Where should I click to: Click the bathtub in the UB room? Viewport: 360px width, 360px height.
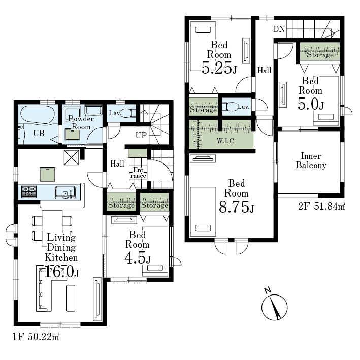[38, 115]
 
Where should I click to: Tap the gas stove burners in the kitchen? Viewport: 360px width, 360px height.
[29, 191]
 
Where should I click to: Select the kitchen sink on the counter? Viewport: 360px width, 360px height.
[66, 192]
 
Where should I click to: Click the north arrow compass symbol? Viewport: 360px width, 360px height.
[274, 307]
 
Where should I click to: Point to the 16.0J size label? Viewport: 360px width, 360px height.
[61, 272]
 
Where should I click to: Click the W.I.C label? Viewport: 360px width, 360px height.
[225, 141]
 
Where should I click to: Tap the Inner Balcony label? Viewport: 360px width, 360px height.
[311, 161]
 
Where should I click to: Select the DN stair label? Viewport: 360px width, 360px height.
[279, 29]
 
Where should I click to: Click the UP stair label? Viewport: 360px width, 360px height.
[141, 135]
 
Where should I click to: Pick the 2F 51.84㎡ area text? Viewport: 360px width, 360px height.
[321, 206]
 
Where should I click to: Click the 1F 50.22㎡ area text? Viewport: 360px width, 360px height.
[36, 337]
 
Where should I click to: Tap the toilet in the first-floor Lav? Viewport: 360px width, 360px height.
[128, 113]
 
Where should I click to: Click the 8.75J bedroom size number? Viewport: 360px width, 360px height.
[237, 207]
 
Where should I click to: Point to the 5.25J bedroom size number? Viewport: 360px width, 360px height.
[219, 68]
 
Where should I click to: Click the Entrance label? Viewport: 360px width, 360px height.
[138, 173]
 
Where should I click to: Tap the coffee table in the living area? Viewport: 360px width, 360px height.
[71, 298]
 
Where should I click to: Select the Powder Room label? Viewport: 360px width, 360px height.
[81, 122]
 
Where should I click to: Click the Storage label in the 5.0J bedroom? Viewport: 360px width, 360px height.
[320, 55]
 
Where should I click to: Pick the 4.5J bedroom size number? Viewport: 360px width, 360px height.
[138, 258]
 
